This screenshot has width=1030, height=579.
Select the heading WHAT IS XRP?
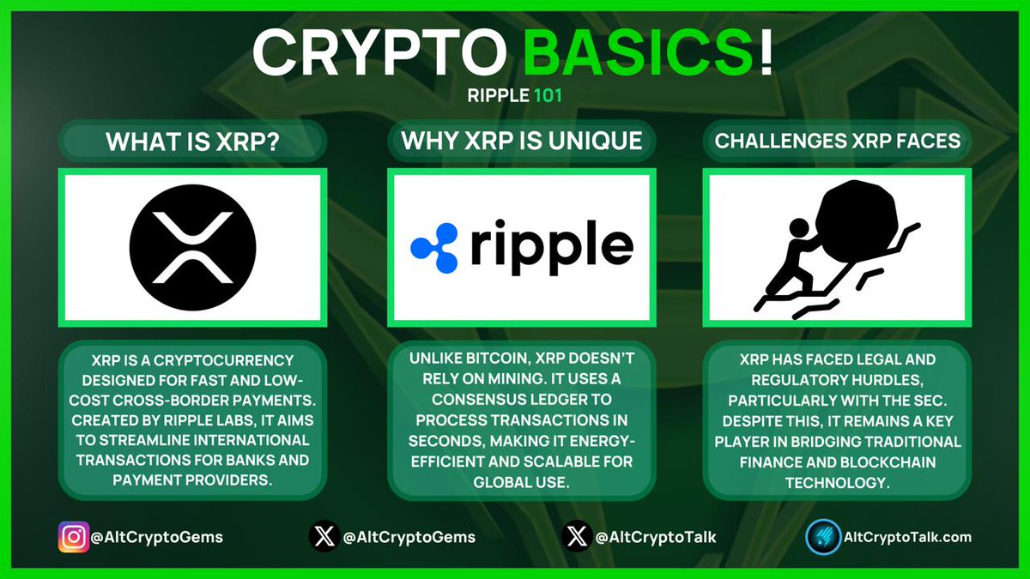191,141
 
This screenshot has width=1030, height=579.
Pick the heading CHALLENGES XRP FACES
838,141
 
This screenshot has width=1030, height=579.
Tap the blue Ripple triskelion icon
435,247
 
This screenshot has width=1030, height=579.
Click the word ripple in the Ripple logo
551,247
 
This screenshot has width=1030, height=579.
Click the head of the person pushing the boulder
798,230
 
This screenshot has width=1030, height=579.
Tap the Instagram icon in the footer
73,538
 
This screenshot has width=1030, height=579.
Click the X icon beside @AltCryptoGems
323,538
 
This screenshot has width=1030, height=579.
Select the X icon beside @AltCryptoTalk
577,538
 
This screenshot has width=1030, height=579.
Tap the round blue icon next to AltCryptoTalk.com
822,538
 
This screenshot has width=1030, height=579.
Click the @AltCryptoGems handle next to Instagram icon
159,538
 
